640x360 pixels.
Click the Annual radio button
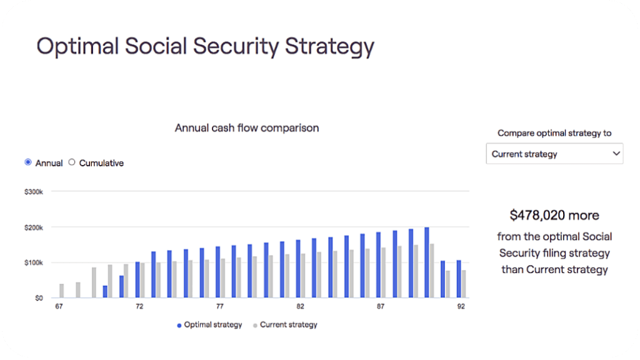click(x=27, y=162)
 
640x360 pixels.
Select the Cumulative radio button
click(x=72, y=162)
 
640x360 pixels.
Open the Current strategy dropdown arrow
click(x=616, y=154)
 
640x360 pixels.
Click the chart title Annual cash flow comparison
click(x=247, y=128)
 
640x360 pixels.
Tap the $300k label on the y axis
click(x=34, y=192)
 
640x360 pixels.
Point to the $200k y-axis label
click(x=34, y=227)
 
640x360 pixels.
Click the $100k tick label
click(x=34, y=263)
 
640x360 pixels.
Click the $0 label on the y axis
click(x=39, y=298)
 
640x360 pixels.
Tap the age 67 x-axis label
click(x=59, y=306)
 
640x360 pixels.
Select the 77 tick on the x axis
click(x=220, y=306)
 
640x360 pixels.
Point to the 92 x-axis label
click(x=461, y=306)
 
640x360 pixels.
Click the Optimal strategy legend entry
click(x=209, y=325)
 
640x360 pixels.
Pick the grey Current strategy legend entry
click(x=285, y=325)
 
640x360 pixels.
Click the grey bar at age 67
click(x=62, y=291)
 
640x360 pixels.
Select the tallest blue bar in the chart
click(x=426, y=262)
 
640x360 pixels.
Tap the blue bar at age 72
click(x=137, y=279)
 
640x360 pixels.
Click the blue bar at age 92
click(x=459, y=279)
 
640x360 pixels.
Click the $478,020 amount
click(x=537, y=216)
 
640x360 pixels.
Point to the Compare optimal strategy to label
click(x=554, y=133)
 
